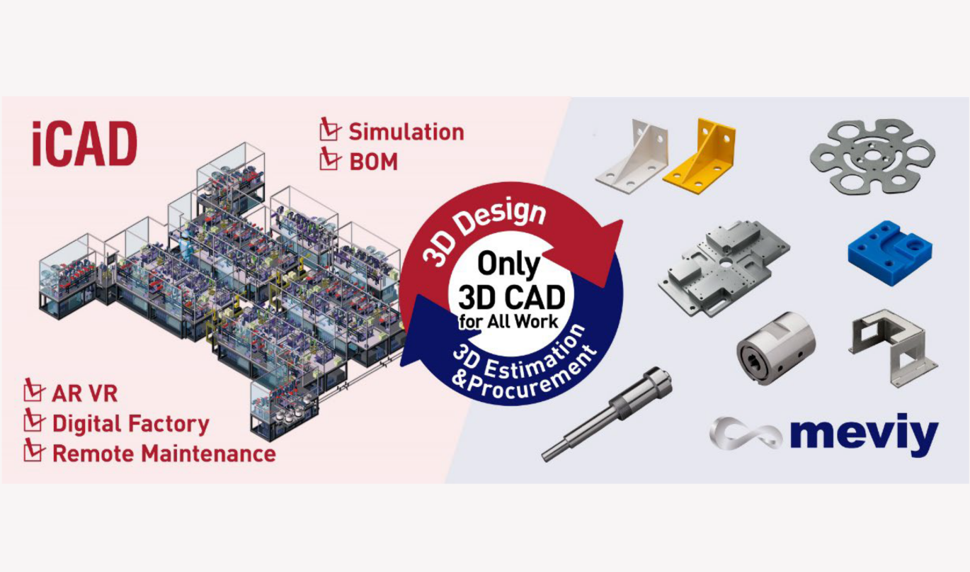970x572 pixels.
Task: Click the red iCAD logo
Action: [x=84, y=144]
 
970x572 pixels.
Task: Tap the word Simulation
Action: [x=406, y=132]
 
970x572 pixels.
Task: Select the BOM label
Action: [x=373, y=162]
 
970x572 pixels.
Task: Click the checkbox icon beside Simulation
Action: [x=329, y=130]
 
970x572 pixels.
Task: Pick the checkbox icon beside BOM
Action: [x=329, y=159]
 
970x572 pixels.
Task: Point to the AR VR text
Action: [x=84, y=393]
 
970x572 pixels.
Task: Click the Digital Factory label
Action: [x=130, y=424]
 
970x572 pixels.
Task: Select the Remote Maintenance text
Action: [x=164, y=454]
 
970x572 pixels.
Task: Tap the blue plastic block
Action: [x=889, y=253]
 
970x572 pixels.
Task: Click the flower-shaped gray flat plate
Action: [x=872, y=155]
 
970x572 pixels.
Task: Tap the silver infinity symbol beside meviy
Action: [x=745, y=433]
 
